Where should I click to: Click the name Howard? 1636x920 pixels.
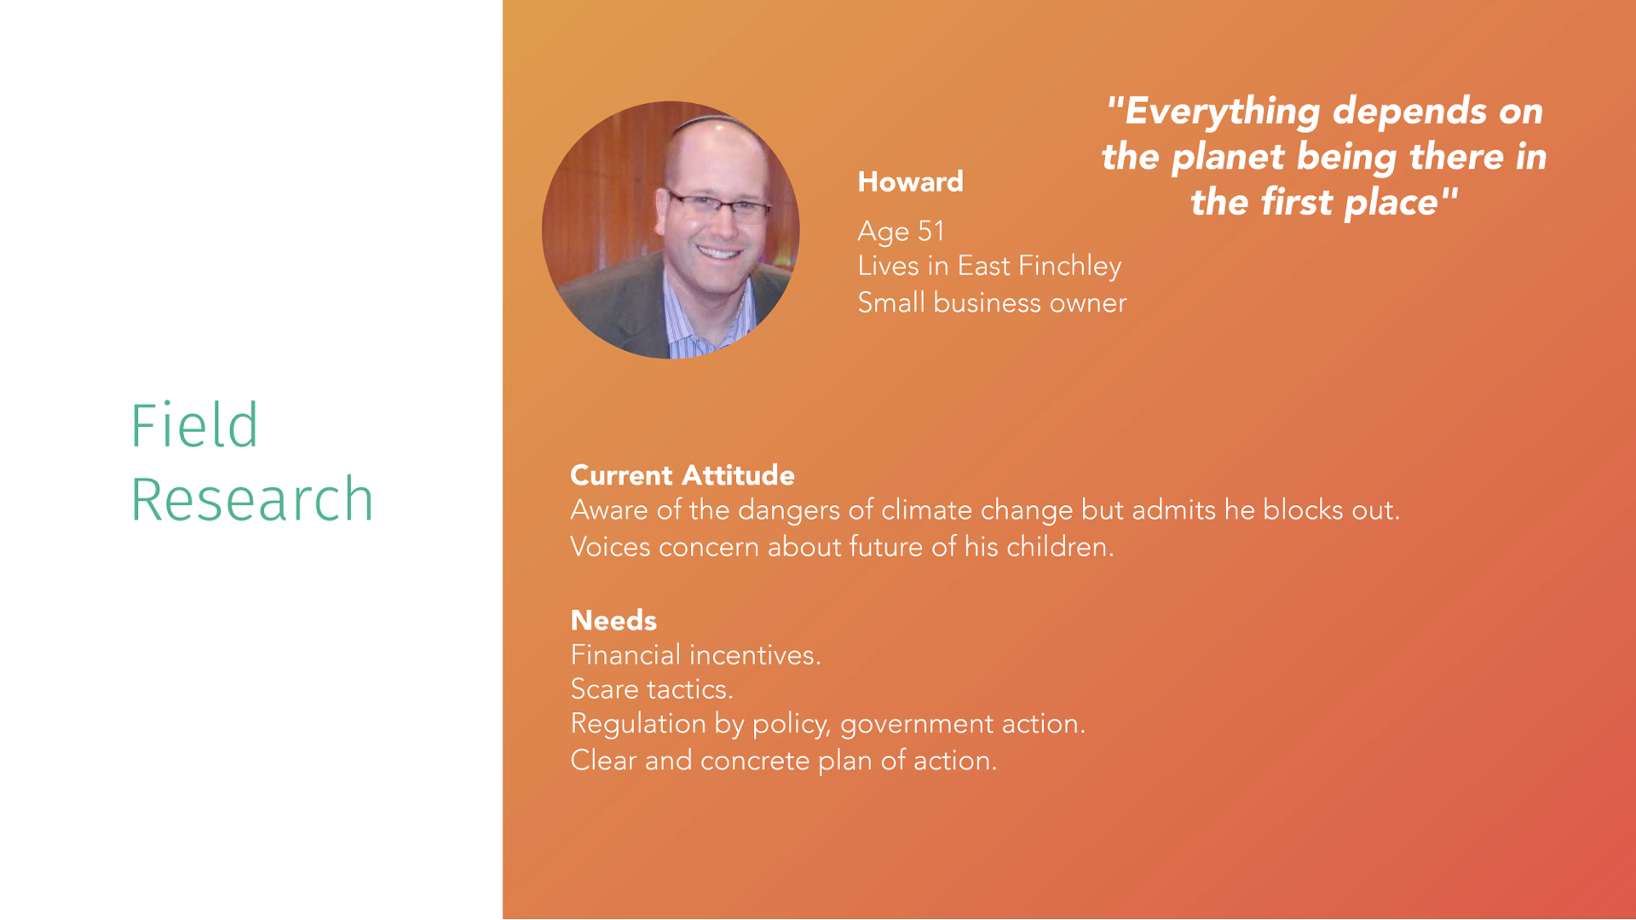click(910, 181)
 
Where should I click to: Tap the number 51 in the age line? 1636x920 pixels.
click(931, 231)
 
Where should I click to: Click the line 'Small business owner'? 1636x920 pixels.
click(992, 302)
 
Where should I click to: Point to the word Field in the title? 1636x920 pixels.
click(194, 425)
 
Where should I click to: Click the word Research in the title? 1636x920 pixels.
click(252, 499)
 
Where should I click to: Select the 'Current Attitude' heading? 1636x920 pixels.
click(683, 475)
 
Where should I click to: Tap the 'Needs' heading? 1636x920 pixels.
click(613, 620)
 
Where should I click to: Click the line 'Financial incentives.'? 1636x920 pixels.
click(695, 654)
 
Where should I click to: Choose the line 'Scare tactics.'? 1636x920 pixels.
click(652, 688)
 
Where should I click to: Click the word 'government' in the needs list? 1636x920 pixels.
click(917, 724)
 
